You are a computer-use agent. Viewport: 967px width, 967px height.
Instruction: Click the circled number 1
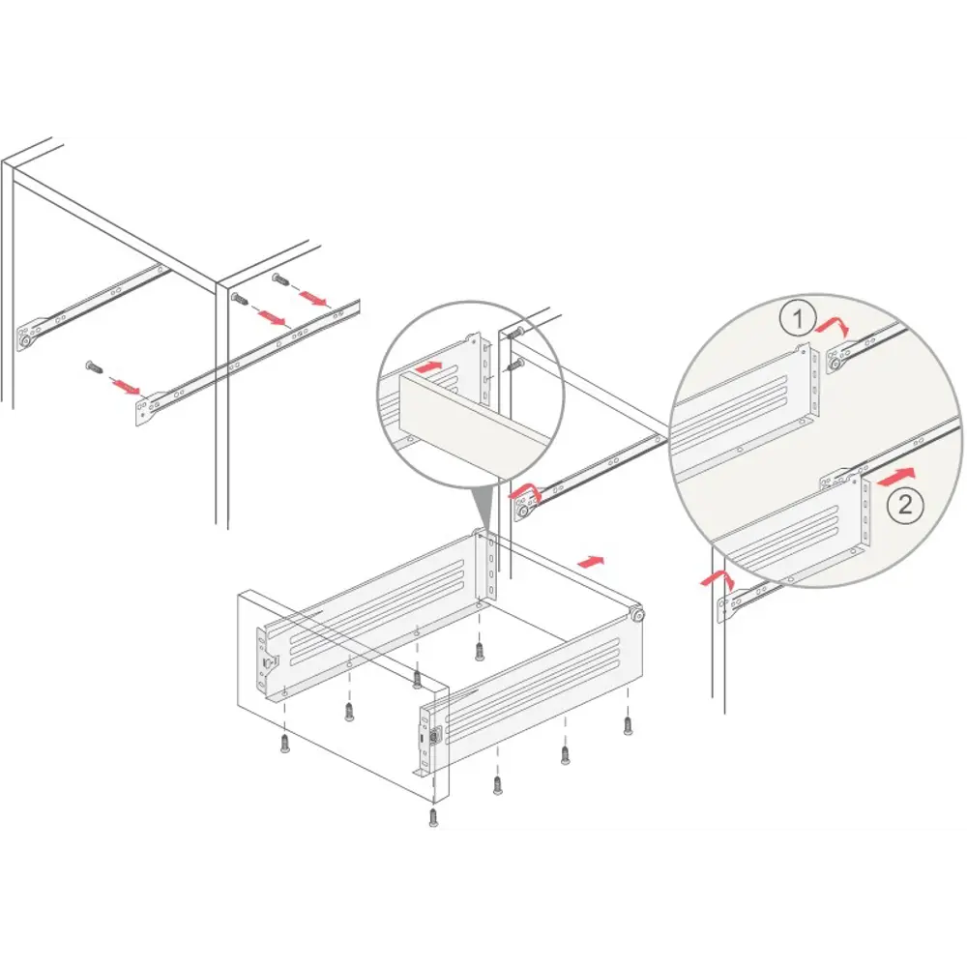point(797,319)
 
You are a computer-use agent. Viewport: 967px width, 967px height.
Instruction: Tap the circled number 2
point(905,505)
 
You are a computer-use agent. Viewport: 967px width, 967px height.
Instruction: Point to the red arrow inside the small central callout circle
point(429,366)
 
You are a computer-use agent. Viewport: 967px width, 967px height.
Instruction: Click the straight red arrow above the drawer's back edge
point(590,561)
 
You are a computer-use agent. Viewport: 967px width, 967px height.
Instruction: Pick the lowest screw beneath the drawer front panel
point(433,816)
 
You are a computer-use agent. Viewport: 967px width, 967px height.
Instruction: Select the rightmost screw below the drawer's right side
point(628,725)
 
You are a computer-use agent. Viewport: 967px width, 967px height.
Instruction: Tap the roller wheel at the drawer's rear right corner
point(636,614)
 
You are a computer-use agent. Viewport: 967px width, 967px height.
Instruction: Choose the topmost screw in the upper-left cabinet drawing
point(281,279)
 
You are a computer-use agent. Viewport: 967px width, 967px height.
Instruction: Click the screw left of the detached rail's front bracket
point(95,366)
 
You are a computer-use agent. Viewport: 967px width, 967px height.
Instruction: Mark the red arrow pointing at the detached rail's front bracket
point(126,387)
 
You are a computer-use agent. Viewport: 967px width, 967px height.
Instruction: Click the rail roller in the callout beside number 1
point(835,366)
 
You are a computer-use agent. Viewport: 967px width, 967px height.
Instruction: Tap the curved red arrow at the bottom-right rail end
point(718,579)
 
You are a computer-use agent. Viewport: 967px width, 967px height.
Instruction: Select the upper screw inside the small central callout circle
point(515,334)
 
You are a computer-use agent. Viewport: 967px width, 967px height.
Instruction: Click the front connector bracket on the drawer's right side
point(430,739)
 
